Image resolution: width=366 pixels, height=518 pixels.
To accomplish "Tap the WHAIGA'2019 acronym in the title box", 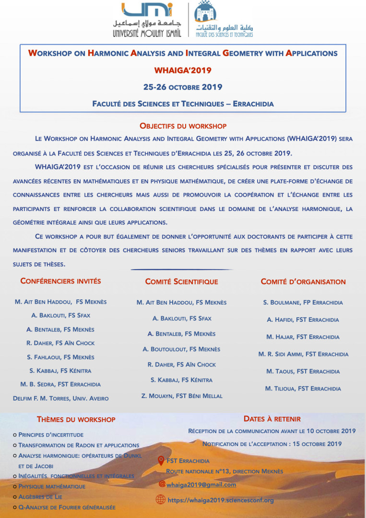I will pos(182,70).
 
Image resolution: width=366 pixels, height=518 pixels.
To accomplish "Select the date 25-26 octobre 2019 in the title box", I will pos(182,87).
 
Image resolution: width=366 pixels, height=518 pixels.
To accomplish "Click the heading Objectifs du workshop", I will pos(183,126).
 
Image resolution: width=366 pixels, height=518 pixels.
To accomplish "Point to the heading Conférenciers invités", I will pos(61,281).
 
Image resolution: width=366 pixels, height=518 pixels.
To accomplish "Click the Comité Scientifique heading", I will pos(181,282).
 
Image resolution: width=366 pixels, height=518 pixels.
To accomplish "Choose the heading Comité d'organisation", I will pos(303,282).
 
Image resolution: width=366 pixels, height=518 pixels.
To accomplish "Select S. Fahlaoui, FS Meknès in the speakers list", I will pos(61,357).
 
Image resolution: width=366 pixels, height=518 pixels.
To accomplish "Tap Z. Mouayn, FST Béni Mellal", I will pos(182,396).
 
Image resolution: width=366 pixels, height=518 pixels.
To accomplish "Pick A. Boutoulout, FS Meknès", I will pos(181,349).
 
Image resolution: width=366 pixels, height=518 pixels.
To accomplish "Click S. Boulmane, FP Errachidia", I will pos(303,303).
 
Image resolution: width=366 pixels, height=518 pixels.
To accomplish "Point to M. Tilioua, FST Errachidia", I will pos(303,388).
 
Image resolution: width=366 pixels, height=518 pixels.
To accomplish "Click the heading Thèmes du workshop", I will pos(76,419).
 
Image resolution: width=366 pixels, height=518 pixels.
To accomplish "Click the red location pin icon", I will pos(162,461).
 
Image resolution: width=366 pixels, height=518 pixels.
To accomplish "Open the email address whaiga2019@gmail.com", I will pos(201,484).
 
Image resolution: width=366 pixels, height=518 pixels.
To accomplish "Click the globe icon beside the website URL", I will pos(161,500).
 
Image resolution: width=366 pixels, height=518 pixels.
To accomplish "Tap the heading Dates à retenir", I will pos(272,419).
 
